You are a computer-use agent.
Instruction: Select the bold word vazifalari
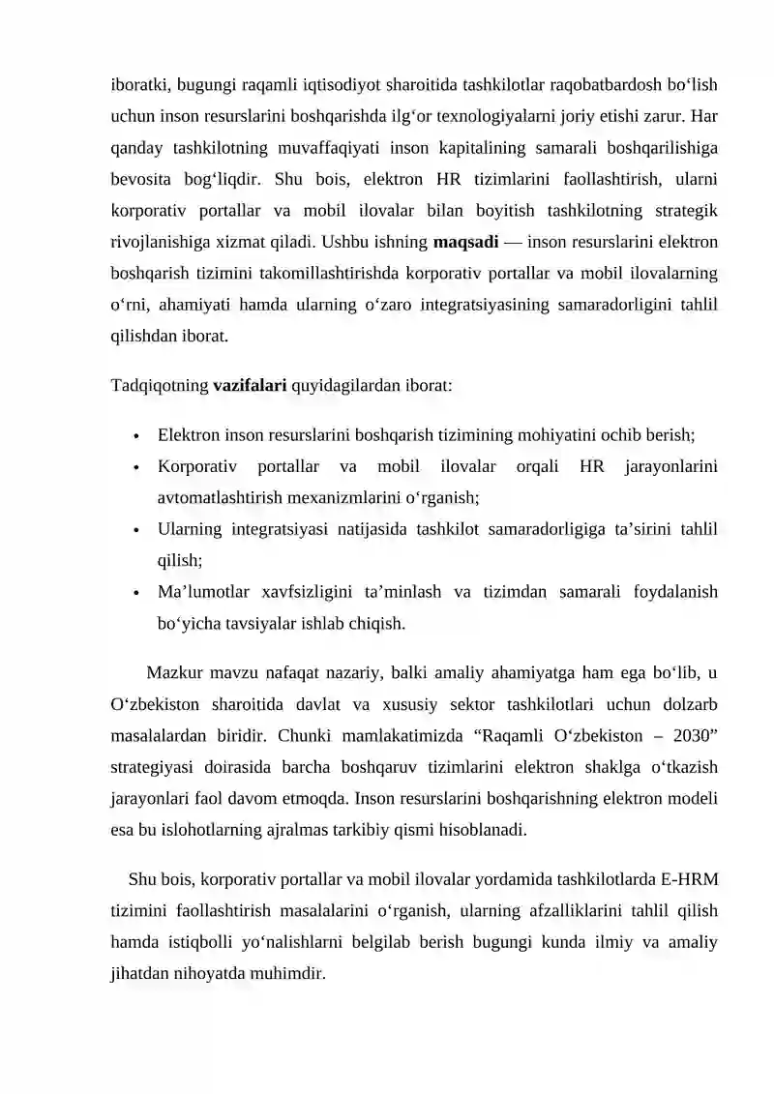tap(250, 384)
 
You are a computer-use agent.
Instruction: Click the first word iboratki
tap(138, 83)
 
